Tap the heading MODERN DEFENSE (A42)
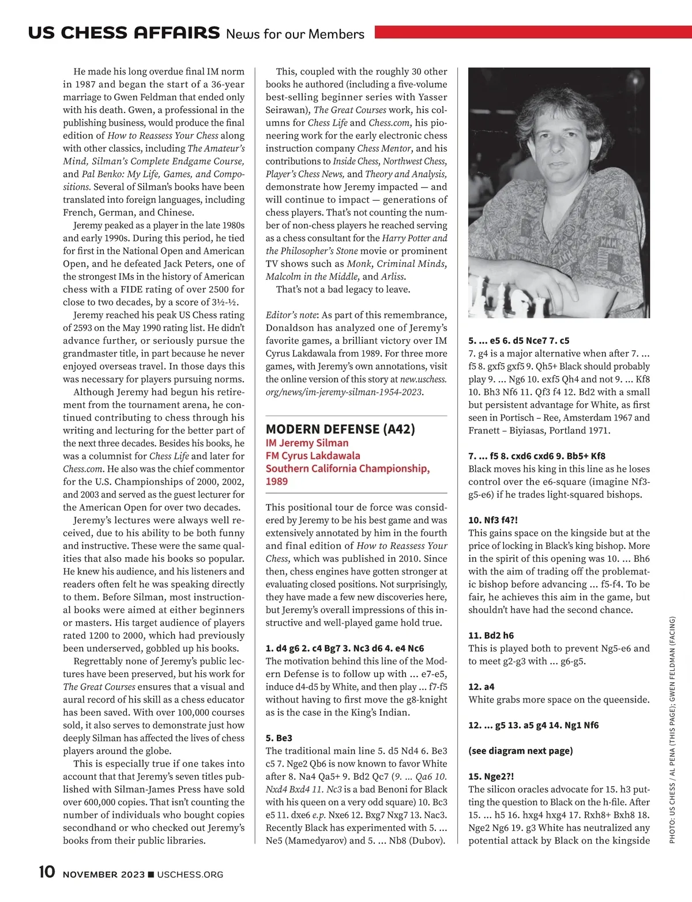coord(340,429)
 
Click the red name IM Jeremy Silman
coord(307,443)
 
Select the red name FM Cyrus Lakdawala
coord(313,456)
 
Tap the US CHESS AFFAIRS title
coord(123,33)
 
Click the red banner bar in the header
coord(533,32)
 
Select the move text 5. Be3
coord(279,738)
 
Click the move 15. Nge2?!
coord(491,776)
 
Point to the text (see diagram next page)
coord(520,751)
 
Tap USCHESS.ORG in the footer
coord(190,875)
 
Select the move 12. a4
coord(482,687)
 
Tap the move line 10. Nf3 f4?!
coord(493,520)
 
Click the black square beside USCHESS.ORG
coord(151,875)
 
